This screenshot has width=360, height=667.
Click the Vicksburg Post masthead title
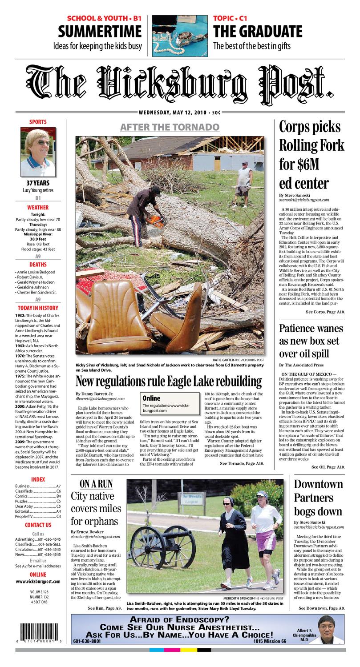click(x=180, y=84)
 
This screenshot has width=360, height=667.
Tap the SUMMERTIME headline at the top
click(x=100, y=32)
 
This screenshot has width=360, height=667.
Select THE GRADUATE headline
click(x=258, y=32)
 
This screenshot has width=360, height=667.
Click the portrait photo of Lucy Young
click(x=38, y=152)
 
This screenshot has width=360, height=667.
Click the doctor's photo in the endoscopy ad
click(x=329, y=629)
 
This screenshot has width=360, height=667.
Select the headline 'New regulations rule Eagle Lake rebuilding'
click(x=168, y=381)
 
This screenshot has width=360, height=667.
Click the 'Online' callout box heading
click(x=151, y=398)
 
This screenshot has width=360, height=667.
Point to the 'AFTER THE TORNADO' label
click(x=170, y=127)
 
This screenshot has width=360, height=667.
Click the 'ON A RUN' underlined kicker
click(x=96, y=484)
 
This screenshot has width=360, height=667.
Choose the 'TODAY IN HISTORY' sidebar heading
click(x=38, y=308)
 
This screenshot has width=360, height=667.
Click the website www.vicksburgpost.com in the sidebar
click(x=38, y=581)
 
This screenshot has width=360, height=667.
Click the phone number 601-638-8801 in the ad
click(x=87, y=641)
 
